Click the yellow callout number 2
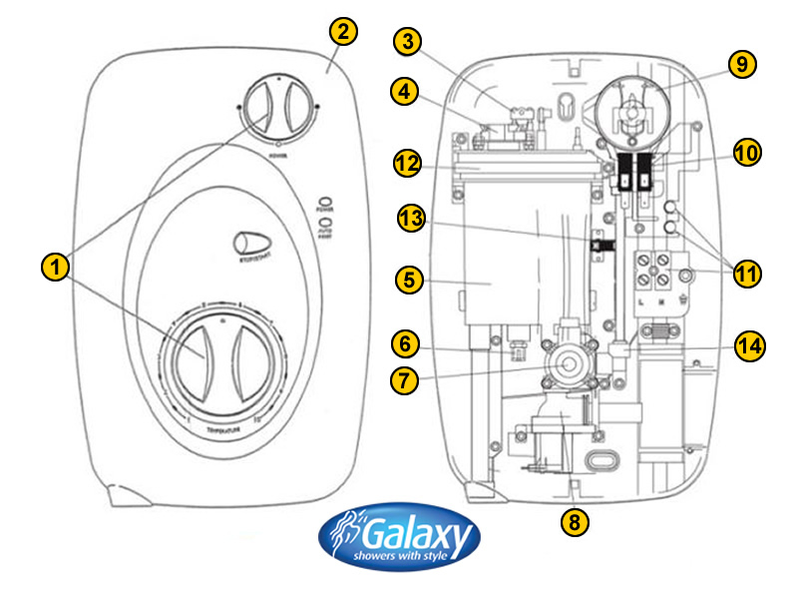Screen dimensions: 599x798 341,32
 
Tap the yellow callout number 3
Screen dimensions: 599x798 407,42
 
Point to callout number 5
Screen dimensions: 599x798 407,281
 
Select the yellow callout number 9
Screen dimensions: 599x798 741,64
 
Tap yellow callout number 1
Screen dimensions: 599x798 56,267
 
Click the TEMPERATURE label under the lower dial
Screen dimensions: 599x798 219,429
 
